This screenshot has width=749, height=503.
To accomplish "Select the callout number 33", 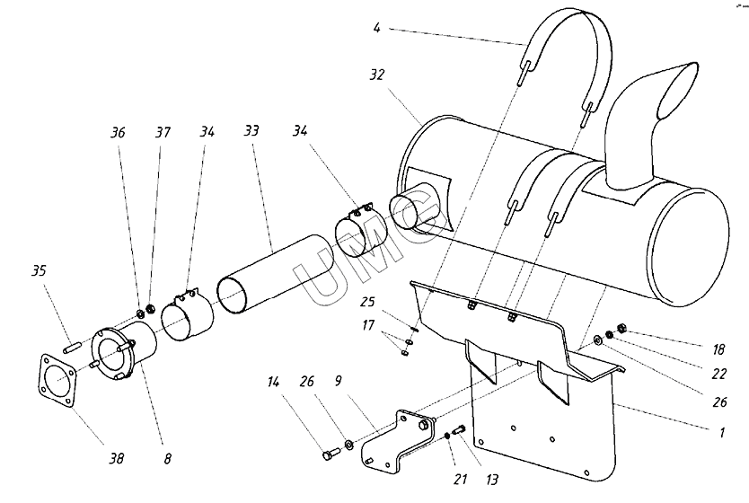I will pos(251,131).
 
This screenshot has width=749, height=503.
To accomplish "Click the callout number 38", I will pos(117,458).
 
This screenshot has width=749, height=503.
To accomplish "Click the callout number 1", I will pos(719,431).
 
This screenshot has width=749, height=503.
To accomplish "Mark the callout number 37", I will pos(162,133).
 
